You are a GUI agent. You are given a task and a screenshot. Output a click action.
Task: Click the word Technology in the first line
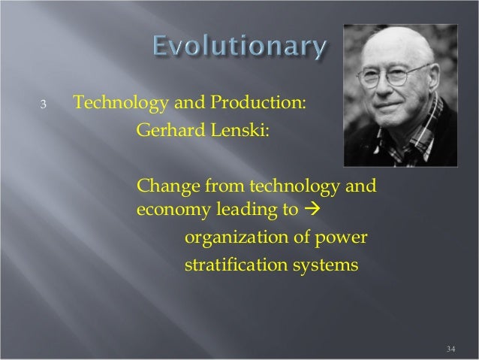[x=110, y=102]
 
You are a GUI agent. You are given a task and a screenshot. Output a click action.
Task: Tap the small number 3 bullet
[x=44, y=104]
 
